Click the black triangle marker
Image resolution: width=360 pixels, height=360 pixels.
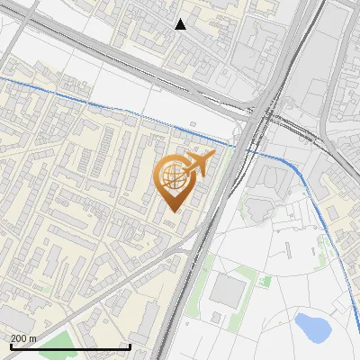pos(181,24)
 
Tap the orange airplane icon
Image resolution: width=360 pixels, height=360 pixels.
pos(199,164)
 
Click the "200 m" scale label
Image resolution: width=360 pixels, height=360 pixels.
pos(23,338)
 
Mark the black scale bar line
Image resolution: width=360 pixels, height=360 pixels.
pos(70,346)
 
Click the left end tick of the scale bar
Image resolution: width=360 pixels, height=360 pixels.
pos(10,346)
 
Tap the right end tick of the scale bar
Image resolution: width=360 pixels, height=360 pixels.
pos(130,346)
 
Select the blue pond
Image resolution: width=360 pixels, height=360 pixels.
pos(312,328)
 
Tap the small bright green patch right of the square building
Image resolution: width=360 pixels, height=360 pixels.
pos(265,282)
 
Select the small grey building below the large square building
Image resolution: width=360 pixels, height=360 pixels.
pos(216,319)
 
